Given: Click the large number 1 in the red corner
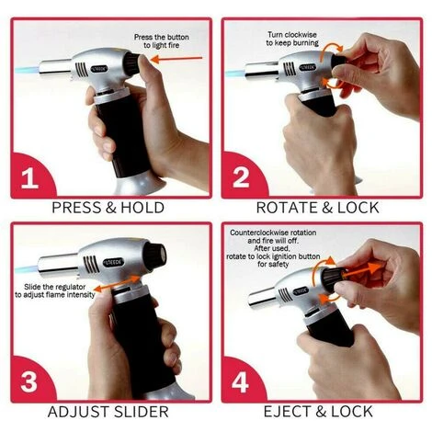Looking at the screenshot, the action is click(x=30, y=179).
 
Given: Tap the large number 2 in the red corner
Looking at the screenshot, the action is click(x=241, y=178).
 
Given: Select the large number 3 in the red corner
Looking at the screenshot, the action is click(x=29, y=382).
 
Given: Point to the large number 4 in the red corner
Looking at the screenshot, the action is click(x=241, y=382).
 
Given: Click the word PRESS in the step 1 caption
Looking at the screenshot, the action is click(x=76, y=208).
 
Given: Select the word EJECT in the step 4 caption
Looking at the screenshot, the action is click(x=287, y=412).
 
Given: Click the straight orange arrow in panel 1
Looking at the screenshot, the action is click(x=176, y=59).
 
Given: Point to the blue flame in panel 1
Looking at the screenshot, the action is click(x=27, y=70).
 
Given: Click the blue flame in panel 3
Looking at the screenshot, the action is click(x=26, y=270).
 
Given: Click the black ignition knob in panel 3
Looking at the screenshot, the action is click(x=155, y=256).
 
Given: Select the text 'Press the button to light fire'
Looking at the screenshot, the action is click(x=162, y=41).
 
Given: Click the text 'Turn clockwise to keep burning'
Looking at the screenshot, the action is click(x=292, y=39).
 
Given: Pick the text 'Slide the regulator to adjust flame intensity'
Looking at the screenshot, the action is click(x=55, y=290).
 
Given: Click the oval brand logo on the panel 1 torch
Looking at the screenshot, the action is click(x=99, y=69).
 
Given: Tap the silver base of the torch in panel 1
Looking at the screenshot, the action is click(x=141, y=185).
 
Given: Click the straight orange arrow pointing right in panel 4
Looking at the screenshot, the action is click(x=362, y=270).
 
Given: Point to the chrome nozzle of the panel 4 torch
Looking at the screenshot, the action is click(x=263, y=299).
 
